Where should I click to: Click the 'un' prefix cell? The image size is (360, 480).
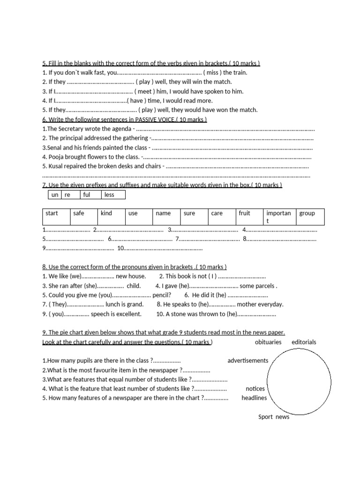pyautogui.click(x=55, y=195)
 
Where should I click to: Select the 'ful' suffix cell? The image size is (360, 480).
pyautogui.click(x=87, y=195)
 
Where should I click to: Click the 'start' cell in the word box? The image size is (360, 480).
pyautogui.click(x=52, y=213)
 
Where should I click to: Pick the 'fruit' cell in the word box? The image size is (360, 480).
pyautogui.click(x=244, y=213)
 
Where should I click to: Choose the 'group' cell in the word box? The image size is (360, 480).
pyautogui.click(x=307, y=213)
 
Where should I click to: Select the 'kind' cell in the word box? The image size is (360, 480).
pyautogui.click(x=106, y=213)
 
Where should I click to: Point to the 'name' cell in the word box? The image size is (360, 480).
pyautogui.click(x=163, y=213)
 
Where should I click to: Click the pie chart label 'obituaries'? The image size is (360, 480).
pyautogui.click(x=268, y=342)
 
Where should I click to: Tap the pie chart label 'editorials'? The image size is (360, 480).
pyautogui.click(x=304, y=342)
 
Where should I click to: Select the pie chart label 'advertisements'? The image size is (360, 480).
pyautogui.click(x=248, y=360)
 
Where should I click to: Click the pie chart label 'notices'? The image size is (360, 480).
pyautogui.click(x=255, y=389)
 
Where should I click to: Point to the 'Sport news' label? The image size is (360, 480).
pyautogui.click(x=274, y=417)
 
